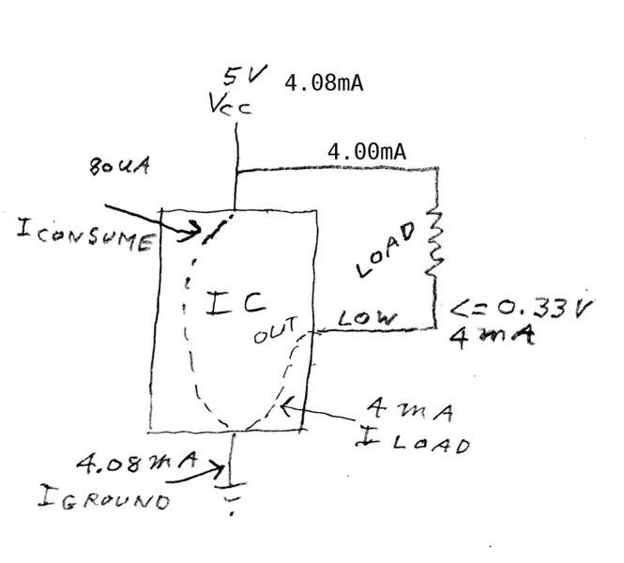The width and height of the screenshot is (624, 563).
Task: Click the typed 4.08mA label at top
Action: point(324,84)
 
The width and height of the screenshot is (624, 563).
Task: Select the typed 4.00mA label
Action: point(367,152)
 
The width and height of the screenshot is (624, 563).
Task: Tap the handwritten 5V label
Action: point(245,76)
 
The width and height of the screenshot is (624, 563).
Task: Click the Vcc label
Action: point(230,104)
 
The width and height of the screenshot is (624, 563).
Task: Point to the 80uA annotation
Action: point(119,165)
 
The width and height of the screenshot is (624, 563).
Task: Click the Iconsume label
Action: point(85,236)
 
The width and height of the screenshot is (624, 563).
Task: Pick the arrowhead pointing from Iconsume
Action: point(190,231)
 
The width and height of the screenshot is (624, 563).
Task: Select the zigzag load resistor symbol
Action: point(435,243)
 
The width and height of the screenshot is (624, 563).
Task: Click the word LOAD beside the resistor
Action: point(385,250)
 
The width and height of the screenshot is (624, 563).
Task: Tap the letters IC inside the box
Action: point(236,303)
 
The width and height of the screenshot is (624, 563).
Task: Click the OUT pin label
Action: point(276,329)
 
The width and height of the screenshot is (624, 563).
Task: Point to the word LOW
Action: point(367,317)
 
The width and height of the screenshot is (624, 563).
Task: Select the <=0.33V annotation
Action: point(522,309)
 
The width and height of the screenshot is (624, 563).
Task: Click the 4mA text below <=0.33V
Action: point(492,338)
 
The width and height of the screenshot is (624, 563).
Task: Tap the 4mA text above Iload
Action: point(410,410)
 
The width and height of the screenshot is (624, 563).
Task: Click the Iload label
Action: point(412,441)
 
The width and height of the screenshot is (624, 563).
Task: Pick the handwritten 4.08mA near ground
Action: point(137,462)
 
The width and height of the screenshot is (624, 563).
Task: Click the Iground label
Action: point(104,497)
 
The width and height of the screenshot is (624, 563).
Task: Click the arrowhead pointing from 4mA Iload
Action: point(287,406)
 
